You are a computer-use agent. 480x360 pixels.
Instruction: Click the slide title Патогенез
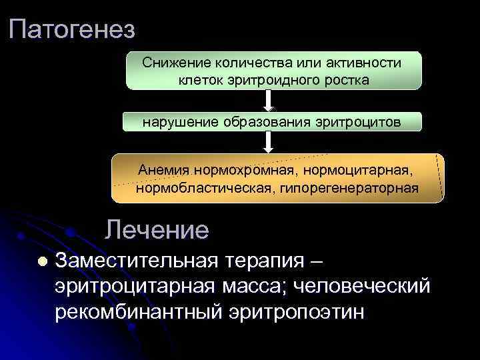coord(73,29)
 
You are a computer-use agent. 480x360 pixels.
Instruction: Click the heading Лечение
coord(157,230)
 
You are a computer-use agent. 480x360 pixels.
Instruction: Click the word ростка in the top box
coord(345,79)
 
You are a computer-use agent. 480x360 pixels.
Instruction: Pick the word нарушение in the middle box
coord(173,122)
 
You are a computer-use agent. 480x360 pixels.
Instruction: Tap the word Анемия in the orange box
coord(163,170)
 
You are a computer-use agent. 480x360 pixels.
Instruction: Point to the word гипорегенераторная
coord(348,187)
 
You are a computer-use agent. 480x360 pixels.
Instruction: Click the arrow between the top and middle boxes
coord(269,100)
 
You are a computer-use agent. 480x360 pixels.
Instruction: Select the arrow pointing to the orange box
coord(269,142)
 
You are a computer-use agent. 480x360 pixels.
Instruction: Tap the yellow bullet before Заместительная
coord(42,262)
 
